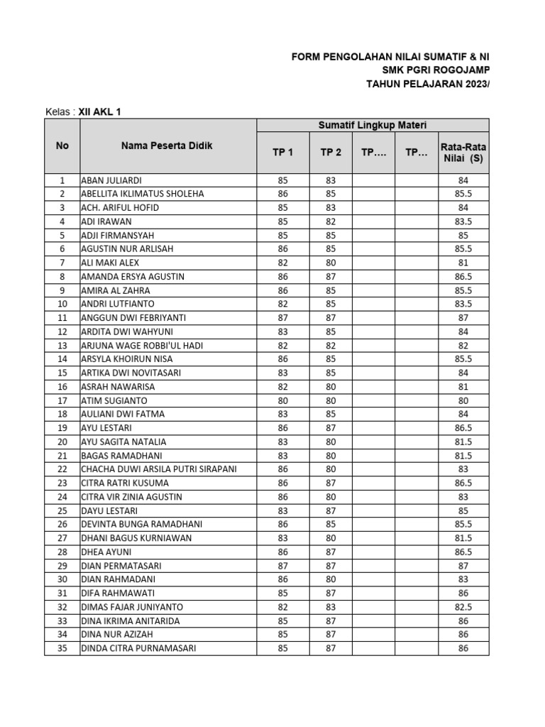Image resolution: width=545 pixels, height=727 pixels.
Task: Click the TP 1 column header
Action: [282, 153]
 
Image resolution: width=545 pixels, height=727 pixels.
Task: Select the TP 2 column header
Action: [331, 153]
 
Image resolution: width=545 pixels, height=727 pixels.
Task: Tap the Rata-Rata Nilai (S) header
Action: [463, 153]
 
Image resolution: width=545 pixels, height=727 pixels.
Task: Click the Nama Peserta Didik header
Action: [167, 146]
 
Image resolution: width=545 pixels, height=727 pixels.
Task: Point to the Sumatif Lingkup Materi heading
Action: [372, 126]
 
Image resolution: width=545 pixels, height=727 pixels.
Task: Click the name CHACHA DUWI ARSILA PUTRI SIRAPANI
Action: [159, 469]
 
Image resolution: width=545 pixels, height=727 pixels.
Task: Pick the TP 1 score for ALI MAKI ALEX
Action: [282, 263]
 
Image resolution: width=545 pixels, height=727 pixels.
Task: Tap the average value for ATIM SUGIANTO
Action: [463, 400]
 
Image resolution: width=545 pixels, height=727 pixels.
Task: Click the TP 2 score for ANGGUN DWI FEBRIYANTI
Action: [331, 318]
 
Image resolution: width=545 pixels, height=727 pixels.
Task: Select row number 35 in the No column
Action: [62, 648]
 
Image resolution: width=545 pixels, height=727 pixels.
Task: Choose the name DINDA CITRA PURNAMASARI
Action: [138, 648]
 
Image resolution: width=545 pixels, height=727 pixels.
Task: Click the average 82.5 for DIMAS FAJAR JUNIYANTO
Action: [463, 607]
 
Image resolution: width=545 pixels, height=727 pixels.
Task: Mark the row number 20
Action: [62, 442]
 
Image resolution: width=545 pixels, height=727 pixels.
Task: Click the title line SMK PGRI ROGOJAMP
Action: [435, 70]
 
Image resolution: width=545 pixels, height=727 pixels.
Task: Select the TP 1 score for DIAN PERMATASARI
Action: [282, 566]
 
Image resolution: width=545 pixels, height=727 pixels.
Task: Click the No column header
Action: [62, 146]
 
